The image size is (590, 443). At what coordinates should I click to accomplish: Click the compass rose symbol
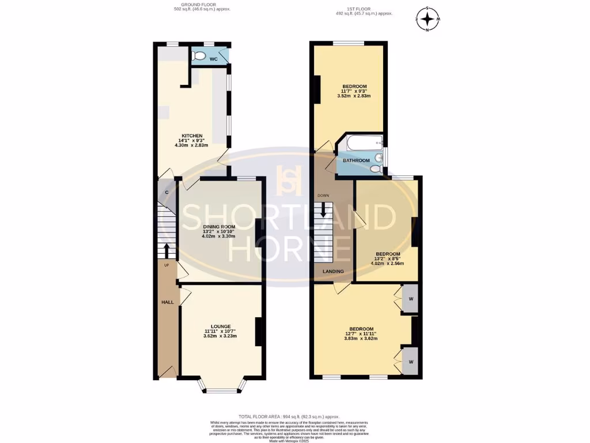(x=427, y=19)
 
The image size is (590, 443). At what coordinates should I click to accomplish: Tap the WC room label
(x=213, y=59)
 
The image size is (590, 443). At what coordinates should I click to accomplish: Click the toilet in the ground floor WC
(x=199, y=56)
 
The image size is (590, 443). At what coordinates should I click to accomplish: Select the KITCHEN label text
(x=191, y=136)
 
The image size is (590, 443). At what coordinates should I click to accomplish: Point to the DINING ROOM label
(x=219, y=227)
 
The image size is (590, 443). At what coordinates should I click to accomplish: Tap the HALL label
(x=167, y=302)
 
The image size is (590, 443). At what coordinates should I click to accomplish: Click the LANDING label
(x=333, y=271)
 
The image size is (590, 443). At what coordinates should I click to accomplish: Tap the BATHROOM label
(x=357, y=160)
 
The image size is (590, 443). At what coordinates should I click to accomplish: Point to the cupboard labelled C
(x=167, y=192)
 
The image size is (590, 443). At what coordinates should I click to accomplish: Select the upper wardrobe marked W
(x=410, y=299)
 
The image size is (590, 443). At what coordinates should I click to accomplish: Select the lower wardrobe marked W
(x=410, y=362)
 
